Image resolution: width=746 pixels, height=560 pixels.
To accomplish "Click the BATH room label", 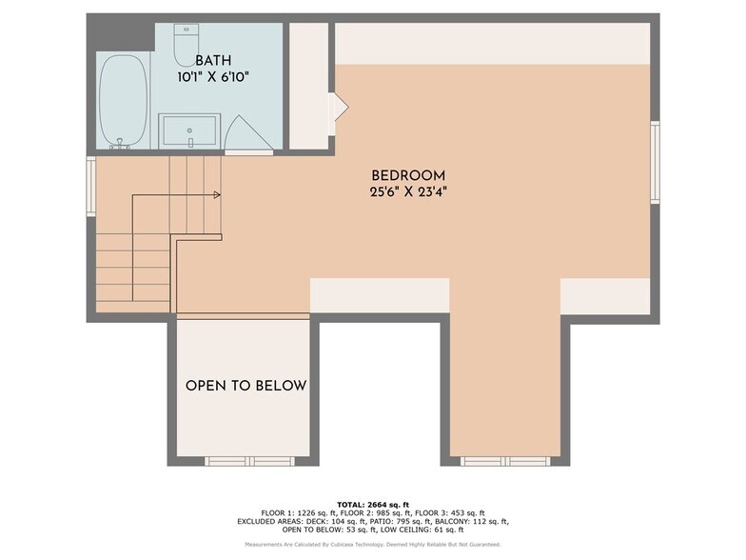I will [213, 60].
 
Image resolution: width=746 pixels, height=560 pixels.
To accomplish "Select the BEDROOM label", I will [408, 175].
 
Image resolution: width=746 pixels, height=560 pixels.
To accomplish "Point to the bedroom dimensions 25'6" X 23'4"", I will [408, 191].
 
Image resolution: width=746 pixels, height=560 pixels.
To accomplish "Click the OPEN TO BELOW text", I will [245, 386].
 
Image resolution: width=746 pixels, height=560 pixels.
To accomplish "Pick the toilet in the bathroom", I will [187, 44].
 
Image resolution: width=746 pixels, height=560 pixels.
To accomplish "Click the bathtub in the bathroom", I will [124, 102].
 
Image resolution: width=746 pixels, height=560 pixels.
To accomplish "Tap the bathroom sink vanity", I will [190, 130].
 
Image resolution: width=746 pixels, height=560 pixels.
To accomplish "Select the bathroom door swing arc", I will [249, 132].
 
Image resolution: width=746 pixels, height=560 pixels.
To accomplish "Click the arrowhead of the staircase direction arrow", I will [218, 195].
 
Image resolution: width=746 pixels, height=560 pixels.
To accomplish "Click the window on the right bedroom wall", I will [655, 161].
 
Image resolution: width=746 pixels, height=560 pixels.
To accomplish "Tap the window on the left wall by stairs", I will [90, 187].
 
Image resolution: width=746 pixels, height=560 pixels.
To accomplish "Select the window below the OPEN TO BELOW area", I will [245, 461].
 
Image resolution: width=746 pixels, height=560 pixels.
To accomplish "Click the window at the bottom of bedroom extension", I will [505, 461].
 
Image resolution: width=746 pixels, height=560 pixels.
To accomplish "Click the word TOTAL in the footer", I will [354, 504].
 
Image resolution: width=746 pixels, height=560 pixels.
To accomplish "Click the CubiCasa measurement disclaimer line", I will [372, 545].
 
